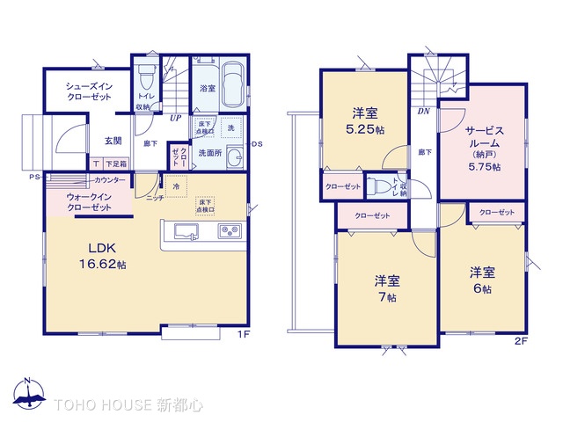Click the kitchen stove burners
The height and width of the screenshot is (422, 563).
[229, 232]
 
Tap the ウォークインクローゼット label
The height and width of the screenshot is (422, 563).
[84, 201]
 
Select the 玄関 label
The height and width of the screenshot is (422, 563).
[114, 141]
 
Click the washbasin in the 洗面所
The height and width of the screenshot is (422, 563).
[233, 158]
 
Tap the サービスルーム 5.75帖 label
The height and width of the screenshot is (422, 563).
[483, 146]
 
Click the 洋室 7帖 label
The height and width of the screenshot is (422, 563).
[387, 288]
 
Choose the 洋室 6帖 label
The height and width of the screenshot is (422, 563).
[480, 280]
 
